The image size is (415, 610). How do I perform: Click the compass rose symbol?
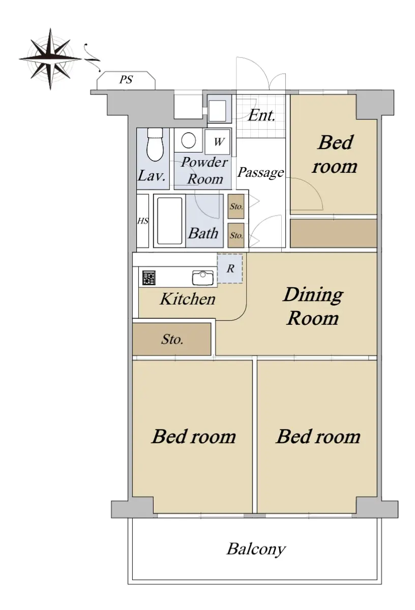point(50,58)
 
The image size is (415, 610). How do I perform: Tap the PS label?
point(126,79)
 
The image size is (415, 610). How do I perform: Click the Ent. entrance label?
point(261,115)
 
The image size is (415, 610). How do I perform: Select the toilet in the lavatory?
point(155,144)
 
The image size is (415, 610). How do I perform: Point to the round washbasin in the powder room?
point(189,140)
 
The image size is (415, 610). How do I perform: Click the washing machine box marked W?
point(218,142)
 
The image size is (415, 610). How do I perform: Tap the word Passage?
point(260,173)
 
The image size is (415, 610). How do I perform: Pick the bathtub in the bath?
point(169,221)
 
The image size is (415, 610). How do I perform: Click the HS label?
point(143,221)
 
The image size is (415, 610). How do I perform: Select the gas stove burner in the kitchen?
point(149,278)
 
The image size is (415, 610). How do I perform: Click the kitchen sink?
point(203,277)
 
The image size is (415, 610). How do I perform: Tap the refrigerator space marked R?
point(230,268)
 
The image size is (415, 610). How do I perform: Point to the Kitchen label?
point(188,299)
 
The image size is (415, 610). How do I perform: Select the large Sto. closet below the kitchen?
point(172,339)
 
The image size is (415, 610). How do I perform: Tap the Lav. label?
point(152,176)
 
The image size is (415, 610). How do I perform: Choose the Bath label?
point(203,233)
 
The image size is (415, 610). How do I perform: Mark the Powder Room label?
point(204,170)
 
